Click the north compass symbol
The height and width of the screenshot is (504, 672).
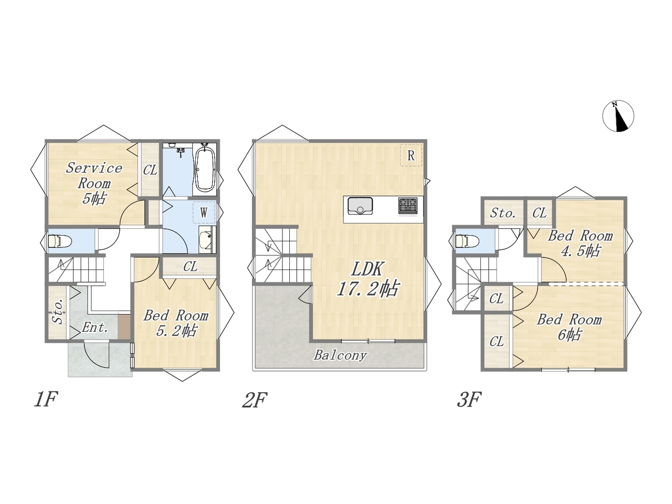618,116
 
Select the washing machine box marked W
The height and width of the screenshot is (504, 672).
204,212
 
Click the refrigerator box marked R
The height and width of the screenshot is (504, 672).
411,155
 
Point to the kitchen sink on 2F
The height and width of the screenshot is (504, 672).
360,206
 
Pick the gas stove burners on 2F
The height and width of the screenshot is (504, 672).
407,206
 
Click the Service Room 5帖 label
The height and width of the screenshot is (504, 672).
94,183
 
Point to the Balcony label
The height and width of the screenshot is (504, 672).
340,355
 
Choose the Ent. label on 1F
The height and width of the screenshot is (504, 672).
95,328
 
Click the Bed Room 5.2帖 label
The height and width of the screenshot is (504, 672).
176,323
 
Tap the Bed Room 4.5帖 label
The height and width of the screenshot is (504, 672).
580,243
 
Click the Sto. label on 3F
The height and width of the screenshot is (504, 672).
503,213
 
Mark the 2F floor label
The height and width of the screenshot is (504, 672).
255,400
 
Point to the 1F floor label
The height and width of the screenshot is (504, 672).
46,399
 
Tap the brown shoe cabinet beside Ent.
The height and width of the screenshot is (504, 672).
124,327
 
